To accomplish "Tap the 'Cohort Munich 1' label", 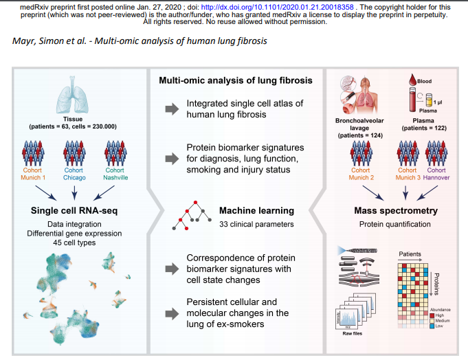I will coord(32,175).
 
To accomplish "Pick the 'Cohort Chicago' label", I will coord(74,175).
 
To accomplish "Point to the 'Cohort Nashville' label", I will coord(115,175).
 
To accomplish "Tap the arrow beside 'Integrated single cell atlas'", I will coord(170,109).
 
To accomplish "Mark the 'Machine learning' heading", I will coord(256,210).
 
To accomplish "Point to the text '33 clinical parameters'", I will coord(256,224).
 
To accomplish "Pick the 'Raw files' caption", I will coord(353,333).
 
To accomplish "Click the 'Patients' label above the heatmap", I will coord(410,254).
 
